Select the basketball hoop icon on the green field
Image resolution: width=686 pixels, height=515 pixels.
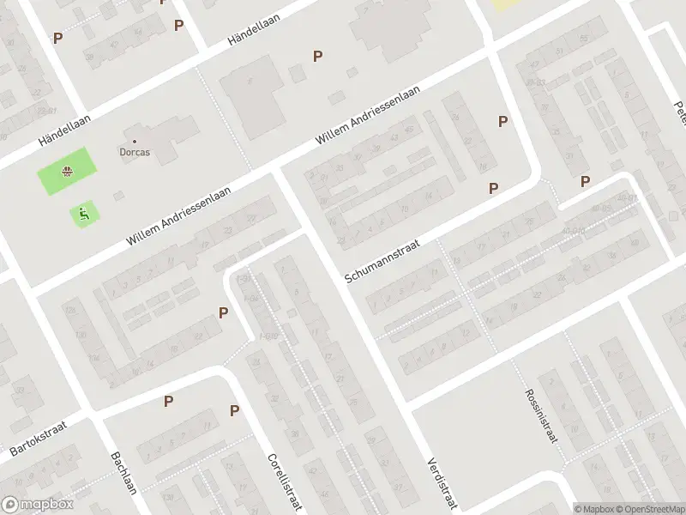tap(65, 172)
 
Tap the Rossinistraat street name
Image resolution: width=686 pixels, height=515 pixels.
tap(541, 415)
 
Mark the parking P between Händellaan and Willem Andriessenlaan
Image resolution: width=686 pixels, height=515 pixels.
tap(318, 57)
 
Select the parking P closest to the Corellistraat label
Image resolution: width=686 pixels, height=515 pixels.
tap(234, 411)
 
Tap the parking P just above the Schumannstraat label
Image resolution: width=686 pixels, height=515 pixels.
tap(494, 188)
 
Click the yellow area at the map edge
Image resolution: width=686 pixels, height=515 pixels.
tap(505, 4)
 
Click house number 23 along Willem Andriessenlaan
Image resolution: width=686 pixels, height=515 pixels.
tap(227, 232)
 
